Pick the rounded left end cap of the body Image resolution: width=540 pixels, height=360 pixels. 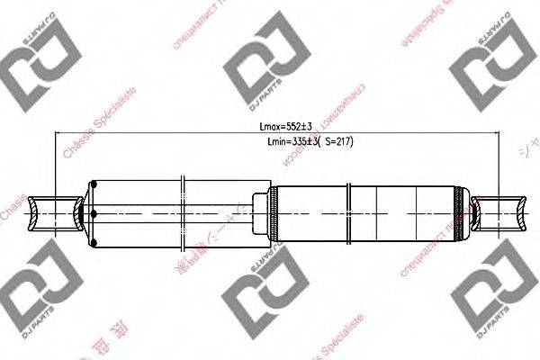point(90,212)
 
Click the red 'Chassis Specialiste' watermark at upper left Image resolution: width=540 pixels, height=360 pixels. point(99,126)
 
